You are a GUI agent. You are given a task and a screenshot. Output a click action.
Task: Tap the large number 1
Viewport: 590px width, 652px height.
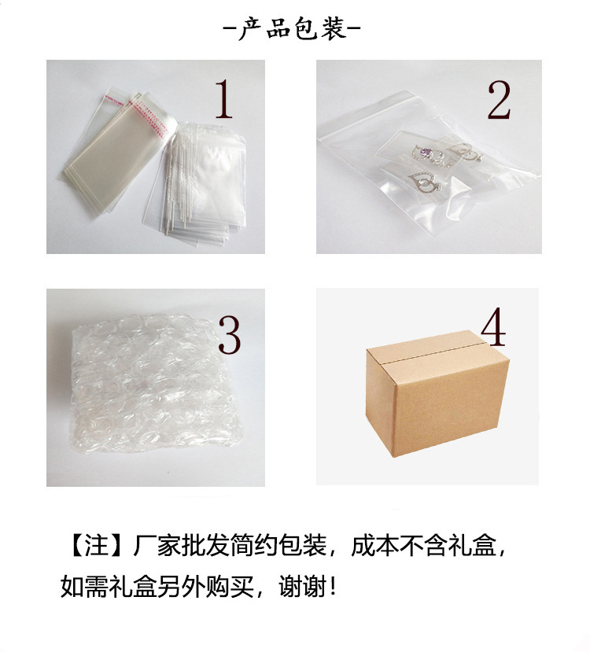(x=224, y=99)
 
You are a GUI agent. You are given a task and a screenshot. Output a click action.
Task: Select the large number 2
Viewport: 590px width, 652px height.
(x=498, y=101)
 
